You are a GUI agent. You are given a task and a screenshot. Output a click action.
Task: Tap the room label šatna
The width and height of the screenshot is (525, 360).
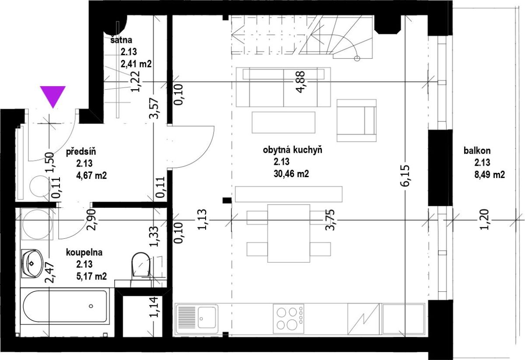pyautogui.click(x=122, y=40)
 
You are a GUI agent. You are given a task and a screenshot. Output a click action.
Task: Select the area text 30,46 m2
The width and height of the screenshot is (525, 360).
pyautogui.click(x=291, y=174)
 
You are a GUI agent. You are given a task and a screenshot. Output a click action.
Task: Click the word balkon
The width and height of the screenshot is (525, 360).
pyautogui.click(x=477, y=150)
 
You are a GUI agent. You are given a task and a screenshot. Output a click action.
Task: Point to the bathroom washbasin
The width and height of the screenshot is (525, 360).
pyautogui.click(x=32, y=263)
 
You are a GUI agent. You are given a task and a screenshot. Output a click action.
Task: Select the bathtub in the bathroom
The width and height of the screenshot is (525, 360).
pyautogui.click(x=65, y=306)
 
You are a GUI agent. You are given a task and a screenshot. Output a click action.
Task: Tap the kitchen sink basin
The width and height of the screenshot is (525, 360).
pyautogui.click(x=206, y=317)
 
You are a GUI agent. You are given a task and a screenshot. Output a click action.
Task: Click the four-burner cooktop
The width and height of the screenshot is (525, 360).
pyautogui.click(x=288, y=318)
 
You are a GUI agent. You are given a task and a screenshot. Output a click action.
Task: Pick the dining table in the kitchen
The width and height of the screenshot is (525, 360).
pyautogui.click(x=289, y=233)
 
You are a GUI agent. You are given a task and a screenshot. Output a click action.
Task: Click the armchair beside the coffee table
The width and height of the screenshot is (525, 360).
pyautogui.click(x=357, y=120)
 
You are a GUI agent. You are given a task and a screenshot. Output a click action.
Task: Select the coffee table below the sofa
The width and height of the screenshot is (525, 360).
pyautogui.click(x=283, y=122)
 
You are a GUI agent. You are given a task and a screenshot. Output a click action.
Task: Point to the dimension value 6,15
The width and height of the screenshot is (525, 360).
pyautogui.click(x=405, y=176)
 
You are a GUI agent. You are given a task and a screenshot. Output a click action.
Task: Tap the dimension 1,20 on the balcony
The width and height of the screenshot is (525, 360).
pyautogui.click(x=484, y=219)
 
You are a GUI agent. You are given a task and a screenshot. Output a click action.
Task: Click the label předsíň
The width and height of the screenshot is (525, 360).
pyautogui.click(x=81, y=152)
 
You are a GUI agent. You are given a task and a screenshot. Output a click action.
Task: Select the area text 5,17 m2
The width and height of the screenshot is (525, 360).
pyautogui.click(x=91, y=276)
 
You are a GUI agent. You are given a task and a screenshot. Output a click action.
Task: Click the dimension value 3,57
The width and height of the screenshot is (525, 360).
pyautogui.click(x=154, y=108)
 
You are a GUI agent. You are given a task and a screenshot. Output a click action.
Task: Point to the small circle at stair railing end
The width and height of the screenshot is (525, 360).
pyautogui.click(x=357, y=59)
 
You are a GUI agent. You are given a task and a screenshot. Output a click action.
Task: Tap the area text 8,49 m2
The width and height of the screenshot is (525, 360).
pyautogui.click(x=490, y=175)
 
